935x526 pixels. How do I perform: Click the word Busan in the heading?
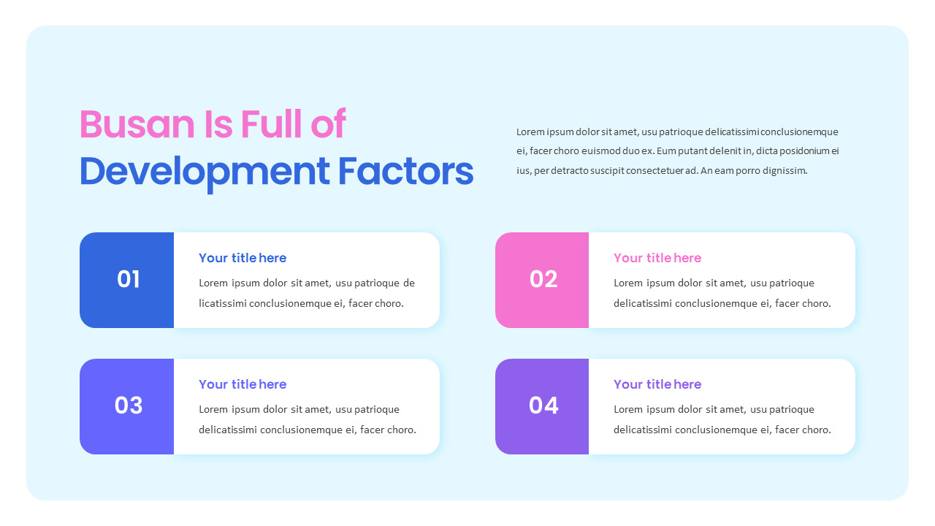coord(137,124)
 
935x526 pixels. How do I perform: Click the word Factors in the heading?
coord(405,171)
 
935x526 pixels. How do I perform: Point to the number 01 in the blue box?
coord(128,279)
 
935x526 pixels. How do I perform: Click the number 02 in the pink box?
coord(543,279)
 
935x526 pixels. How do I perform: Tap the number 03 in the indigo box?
coord(128,405)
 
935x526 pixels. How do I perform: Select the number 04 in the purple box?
coord(543,405)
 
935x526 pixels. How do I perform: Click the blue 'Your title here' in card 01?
coord(243,258)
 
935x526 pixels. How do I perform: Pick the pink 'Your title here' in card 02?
coord(657,258)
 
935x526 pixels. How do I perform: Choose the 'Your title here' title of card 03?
coord(243,384)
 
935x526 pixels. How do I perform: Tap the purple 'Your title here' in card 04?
coord(657,384)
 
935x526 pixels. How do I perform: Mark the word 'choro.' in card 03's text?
coord(402,430)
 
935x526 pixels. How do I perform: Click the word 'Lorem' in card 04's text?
coord(628,410)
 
